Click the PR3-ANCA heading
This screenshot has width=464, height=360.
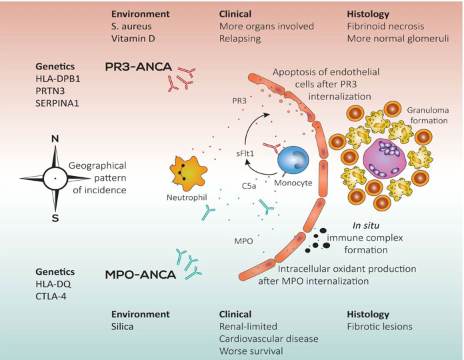(138, 68)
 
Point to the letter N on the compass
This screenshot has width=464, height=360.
(55, 140)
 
